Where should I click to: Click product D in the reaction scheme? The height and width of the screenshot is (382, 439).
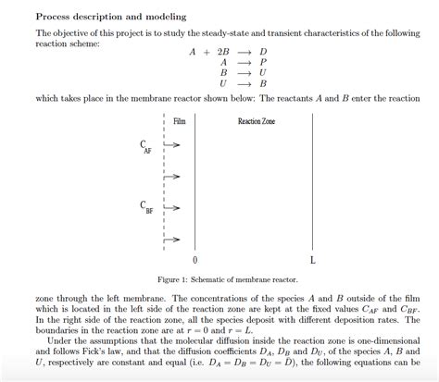coord(264,53)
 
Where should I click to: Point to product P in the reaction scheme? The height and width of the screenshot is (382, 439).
coord(264,62)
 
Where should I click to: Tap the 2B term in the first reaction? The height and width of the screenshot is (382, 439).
coord(222,53)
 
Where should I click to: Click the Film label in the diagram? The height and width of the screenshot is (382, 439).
coord(180,121)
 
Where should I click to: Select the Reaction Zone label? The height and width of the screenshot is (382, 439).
coord(257,121)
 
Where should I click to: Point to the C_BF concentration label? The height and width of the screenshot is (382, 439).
coord(145,207)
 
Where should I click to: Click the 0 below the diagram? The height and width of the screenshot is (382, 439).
coord(194,260)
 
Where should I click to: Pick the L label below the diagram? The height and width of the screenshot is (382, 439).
coord(312,260)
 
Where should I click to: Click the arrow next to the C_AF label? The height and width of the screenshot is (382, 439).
coord(172,144)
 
